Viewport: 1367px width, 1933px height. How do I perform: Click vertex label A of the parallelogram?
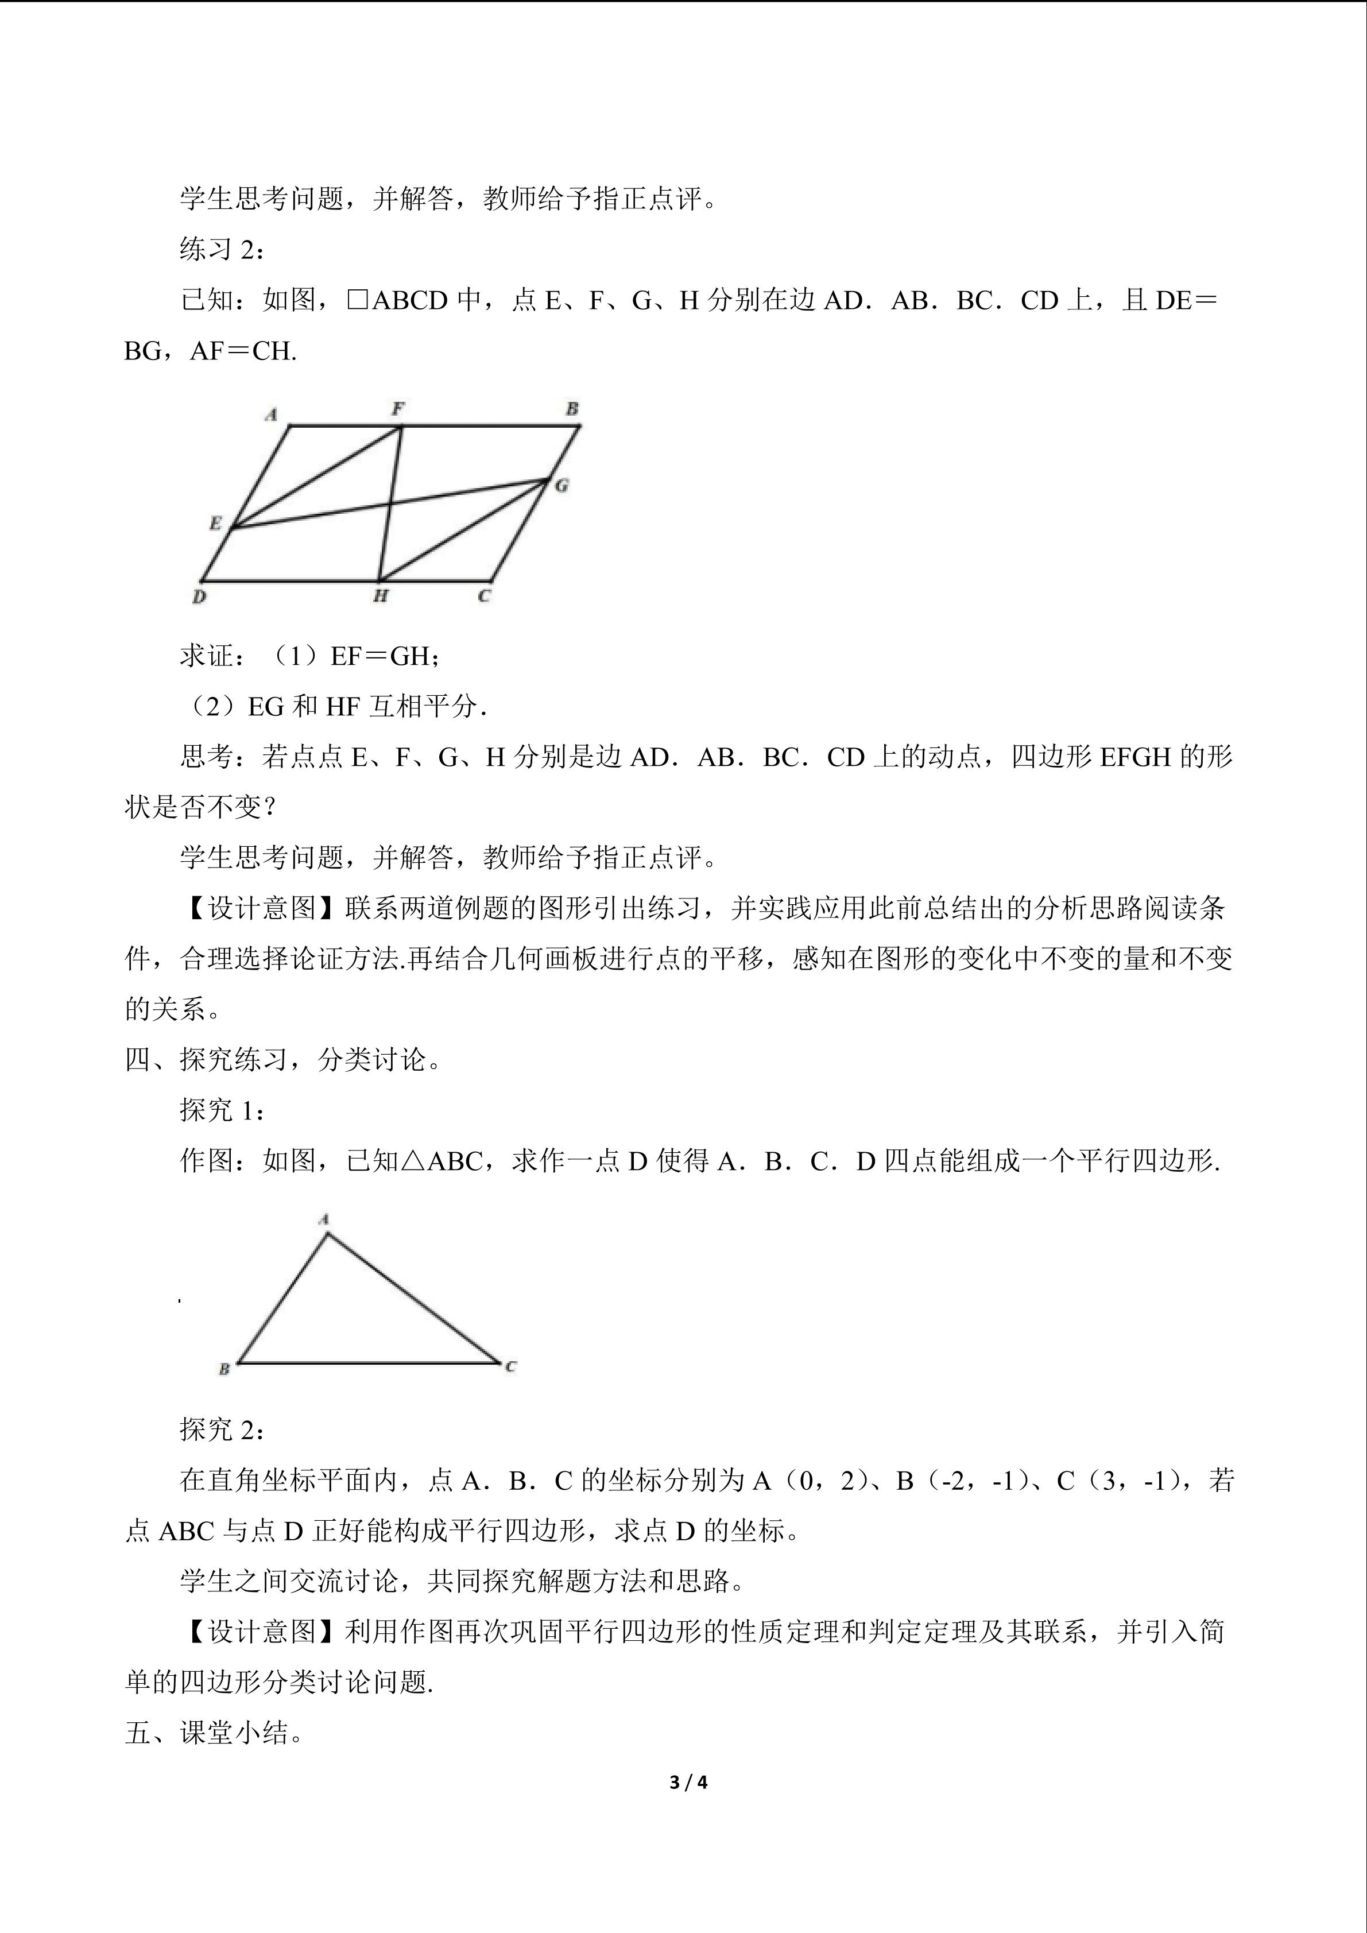(x=271, y=415)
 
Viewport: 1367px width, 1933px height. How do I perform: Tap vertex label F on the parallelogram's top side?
(x=397, y=409)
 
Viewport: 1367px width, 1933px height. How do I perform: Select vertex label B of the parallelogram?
(x=572, y=409)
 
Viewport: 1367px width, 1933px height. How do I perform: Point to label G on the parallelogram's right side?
(x=561, y=485)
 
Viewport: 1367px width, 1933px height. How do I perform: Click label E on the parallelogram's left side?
(x=215, y=524)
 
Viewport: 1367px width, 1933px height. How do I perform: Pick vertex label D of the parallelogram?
(x=199, y=597)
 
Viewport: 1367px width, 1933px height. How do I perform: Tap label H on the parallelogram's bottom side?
(x=381, y=596)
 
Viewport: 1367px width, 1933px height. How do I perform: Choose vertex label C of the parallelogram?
(x=483, y=596)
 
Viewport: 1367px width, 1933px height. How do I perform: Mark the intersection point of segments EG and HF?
(x=389, y=504)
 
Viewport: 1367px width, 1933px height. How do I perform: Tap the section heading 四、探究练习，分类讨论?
(x=283, y=1059)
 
